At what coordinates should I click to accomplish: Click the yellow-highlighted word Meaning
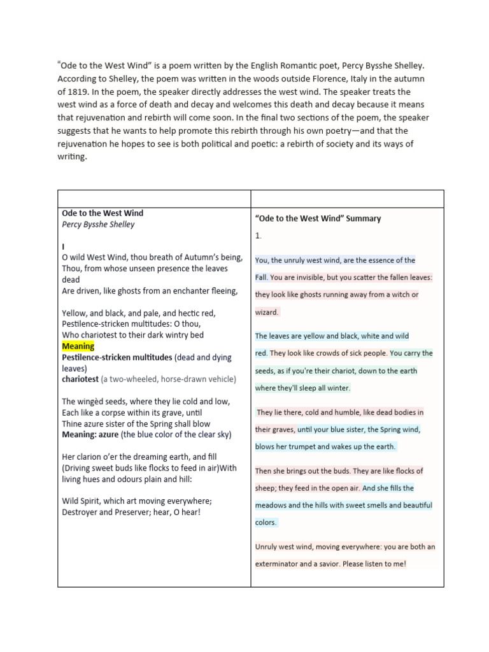point(78,346)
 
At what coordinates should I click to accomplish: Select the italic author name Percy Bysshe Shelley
point(98,224)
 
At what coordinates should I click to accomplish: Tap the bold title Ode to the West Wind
point(103,213)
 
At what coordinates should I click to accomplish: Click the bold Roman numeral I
point(63,246)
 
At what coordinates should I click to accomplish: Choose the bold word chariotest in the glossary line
point(80,379)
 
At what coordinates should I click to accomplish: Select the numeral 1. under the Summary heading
point(258,236)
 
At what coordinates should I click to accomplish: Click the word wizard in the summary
point(266,312)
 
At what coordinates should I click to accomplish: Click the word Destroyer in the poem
point(81,513)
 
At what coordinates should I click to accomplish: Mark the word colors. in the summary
point(266,522)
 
